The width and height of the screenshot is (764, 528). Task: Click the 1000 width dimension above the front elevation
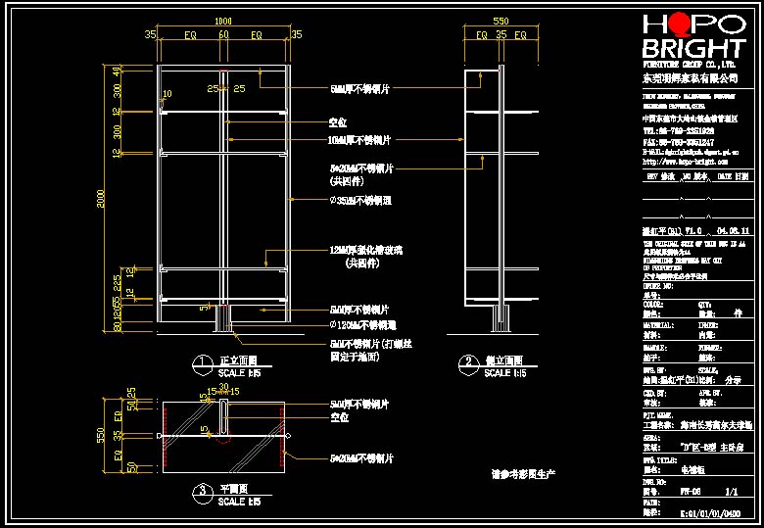pyautogui.click(x=223, y=21)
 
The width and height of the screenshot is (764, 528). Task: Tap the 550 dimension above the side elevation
pyautogui.click(x=501, y=21)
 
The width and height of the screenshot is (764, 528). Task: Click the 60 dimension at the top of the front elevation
pyautogui.click(x=223, y=35)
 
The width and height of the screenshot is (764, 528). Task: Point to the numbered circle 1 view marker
pyautogui.click(x=202, y=363)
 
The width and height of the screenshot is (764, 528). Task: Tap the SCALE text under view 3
pyautogui.click(x=239, y=502)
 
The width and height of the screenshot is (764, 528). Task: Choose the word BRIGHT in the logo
pyautogui.click(x=692, y=49)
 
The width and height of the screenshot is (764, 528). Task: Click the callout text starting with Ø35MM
pyautogui.click(x=360, y=200)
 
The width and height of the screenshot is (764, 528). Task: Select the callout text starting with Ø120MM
pyautogui.click(x=363, y=324)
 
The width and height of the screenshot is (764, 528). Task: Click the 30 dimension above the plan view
pyautogui.click(x=223, y=387)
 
